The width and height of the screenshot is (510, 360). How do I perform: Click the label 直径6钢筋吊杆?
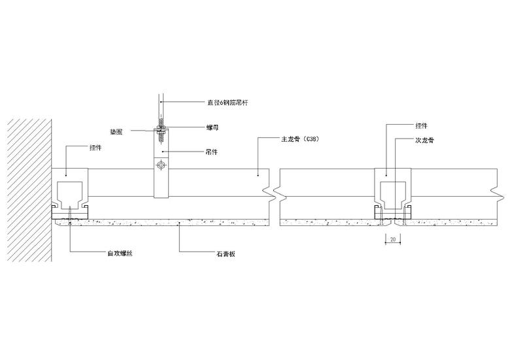[x=228, y=103]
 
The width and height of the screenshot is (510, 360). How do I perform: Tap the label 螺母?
[x=212, y=127]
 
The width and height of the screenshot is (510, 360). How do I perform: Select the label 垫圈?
[x=116, y=132]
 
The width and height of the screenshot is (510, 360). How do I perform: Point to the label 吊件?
[x=212, y=152]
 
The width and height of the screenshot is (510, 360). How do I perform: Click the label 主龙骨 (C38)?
[x=300, y=139]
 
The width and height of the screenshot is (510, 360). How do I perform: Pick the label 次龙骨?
[x=424, y=140]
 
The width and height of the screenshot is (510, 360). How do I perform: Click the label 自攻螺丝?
[x=120, y=254]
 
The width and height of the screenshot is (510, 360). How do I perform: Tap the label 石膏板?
[x=226, y=254]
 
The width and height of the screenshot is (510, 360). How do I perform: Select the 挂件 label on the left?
[x=95, y=148]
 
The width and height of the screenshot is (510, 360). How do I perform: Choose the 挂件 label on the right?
[x=422, y=125]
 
